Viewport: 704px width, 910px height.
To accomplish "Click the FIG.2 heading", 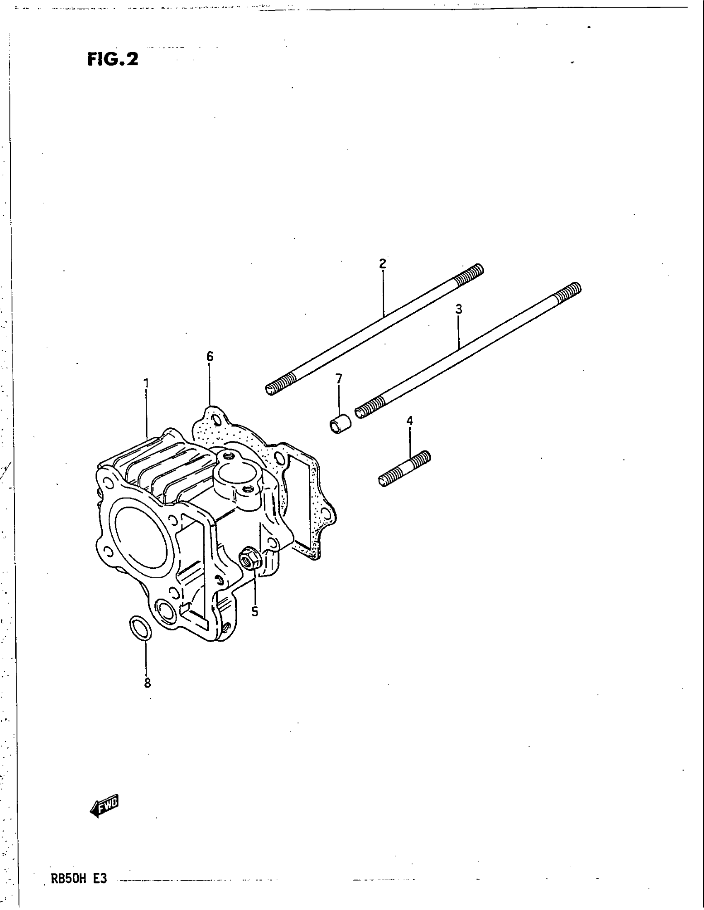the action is pos(113,59).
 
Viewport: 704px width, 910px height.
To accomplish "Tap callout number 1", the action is pos(146,382).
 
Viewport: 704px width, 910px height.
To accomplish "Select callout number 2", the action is pos(383,263).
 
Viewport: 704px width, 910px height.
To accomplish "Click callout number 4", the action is pos(410,420).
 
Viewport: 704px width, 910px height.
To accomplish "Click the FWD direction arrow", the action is pos(105,807).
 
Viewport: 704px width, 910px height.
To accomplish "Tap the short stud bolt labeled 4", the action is pos(405,468).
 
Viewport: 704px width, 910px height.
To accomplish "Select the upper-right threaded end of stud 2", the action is pos(469,275).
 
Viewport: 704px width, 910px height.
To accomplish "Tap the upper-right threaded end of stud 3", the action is pos(567,292).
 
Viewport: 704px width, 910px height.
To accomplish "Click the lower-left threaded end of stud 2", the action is pos(280,384).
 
